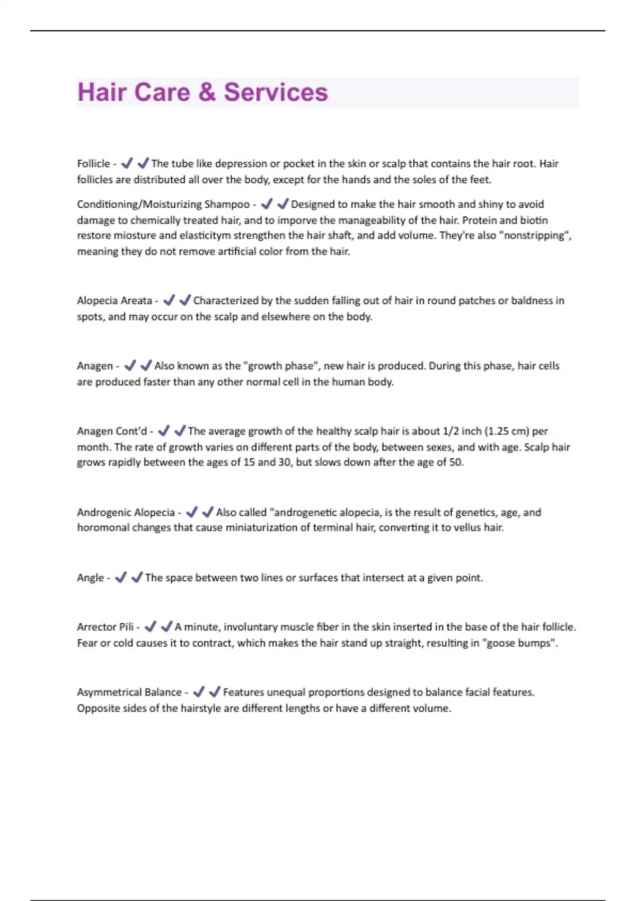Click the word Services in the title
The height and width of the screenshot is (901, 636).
point(276,92)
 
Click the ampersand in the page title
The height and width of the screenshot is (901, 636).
point(207,92)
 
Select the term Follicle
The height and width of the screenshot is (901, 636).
point(93,164)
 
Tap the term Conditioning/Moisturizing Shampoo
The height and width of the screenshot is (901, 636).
point(163,205)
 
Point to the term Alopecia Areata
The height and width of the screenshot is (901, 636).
point(114,301)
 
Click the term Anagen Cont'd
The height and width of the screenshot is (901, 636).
point(112,431)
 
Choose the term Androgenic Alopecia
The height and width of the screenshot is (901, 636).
point(126,513)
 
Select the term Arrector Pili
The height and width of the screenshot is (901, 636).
point(105,627)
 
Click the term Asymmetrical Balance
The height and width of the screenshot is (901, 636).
point(129,692)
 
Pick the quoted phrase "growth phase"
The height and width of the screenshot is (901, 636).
point(280,366)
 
